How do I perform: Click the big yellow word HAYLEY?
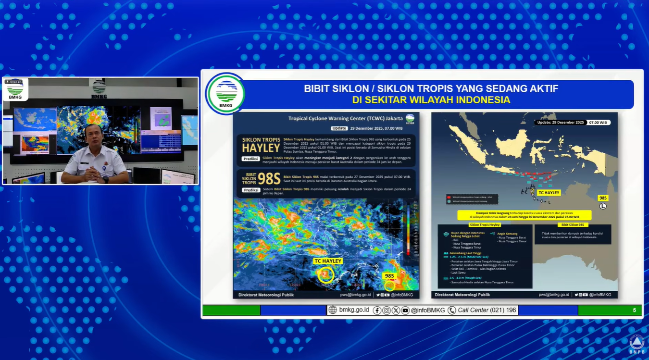pos(261,148)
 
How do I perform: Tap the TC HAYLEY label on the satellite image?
pos(328,261)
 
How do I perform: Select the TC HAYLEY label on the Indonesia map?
pos(549,192)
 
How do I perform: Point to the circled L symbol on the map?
pos(603,206)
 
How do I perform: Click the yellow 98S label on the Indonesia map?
pos(603,198)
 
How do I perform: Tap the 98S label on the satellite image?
pos(389,276)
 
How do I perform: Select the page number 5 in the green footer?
pos(634,310)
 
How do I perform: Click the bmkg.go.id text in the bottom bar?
pos(354,310)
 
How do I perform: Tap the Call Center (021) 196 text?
pos(487,310)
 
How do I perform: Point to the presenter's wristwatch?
pos(105,179)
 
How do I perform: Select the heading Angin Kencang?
pos(509,233)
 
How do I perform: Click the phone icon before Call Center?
pos(451,310)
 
